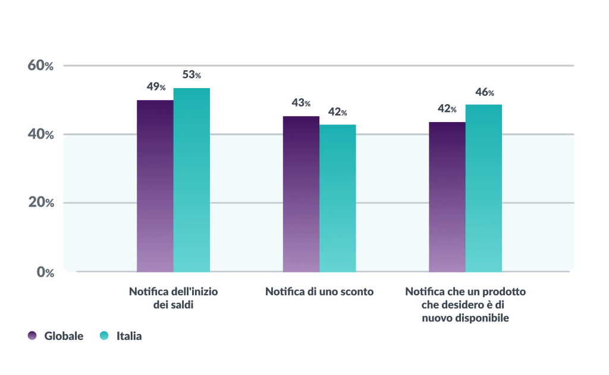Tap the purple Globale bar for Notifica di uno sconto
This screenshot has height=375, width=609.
tap(301, 193)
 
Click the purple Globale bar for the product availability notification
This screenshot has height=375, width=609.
tap(447, 196)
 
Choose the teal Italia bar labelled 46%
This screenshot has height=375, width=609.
tap(484, 187)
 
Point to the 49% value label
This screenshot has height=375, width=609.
tap(156, 87)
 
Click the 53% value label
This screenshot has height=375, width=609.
tap(192, 75)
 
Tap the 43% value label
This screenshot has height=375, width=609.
tap(301, 103)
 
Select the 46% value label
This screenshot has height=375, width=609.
tap(484, 92)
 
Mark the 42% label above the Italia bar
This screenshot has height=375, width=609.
tap(337, 112)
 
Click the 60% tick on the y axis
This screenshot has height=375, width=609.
tap(40, 65)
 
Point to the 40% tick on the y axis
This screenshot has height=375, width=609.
tap(40, 135)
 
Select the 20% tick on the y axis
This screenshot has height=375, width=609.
tap(40, 203)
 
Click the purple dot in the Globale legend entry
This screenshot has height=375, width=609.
tap(32, 336)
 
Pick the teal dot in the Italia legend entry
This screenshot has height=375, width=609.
tap(104, 336)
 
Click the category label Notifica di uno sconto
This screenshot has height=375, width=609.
tap(319, 292)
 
